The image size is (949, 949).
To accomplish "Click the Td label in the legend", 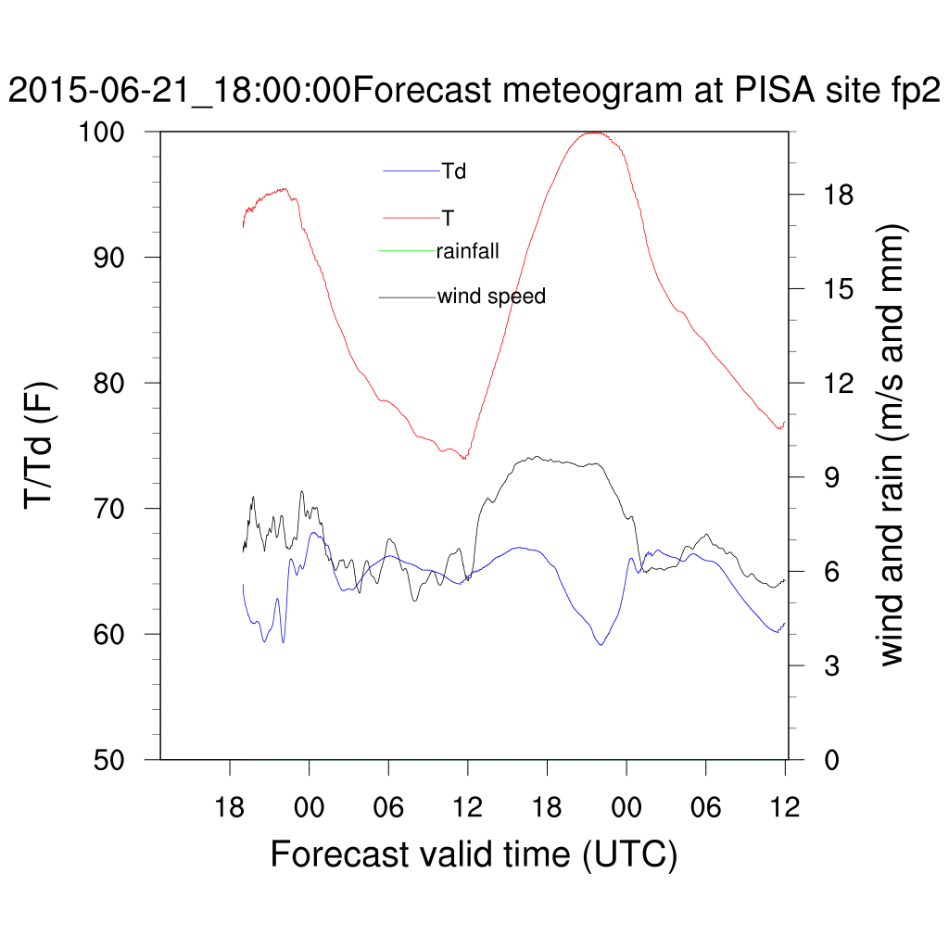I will pyautogui.click(x=453, y=171).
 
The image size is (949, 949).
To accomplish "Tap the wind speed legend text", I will pyautogui.click(x=491, y=297).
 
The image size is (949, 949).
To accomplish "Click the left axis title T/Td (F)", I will pyautogui.click(x=42, y=446).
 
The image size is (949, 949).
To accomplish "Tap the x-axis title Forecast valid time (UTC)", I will pyautogui.click(x=474, y=854).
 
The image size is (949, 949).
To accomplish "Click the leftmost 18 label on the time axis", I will pyautogui.click(x=230, y=807).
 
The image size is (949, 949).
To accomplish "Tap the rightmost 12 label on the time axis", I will pyautogui.click(x=786, y=807).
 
